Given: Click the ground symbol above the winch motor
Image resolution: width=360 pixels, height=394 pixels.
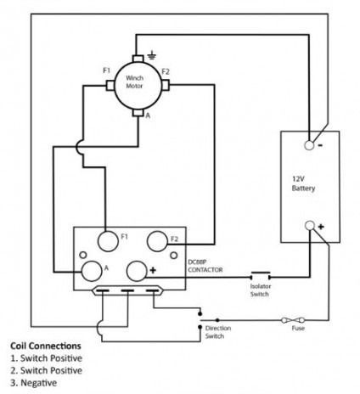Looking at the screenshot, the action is [152, 55].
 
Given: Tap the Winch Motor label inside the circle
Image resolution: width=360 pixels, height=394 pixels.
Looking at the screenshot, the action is [134, 82].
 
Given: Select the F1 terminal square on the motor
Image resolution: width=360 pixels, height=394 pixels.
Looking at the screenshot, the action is [110, 86].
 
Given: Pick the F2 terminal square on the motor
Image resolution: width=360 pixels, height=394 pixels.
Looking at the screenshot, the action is [166, 85].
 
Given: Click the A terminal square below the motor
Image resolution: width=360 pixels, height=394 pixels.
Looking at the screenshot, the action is [138, 112].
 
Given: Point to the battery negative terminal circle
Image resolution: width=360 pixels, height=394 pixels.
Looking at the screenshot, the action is [309, 145].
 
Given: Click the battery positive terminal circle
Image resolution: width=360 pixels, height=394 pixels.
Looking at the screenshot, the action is [310, 226].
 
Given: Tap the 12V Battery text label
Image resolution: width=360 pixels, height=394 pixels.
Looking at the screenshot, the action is [303, 183].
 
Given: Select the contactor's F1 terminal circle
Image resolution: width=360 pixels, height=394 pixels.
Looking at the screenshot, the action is [108, 241].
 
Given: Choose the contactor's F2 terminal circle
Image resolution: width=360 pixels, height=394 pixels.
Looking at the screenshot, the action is [157, 241].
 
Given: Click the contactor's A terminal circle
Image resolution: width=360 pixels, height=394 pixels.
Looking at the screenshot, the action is [92, 271].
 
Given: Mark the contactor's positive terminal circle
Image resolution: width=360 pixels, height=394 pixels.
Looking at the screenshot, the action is [137, 271].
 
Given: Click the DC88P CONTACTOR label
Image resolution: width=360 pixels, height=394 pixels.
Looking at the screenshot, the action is [205, 266].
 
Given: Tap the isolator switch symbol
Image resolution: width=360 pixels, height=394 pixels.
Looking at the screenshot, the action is [261, 275].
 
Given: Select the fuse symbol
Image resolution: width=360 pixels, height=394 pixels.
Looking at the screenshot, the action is [293, 320].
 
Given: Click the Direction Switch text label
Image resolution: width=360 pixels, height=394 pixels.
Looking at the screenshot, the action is [217, 332].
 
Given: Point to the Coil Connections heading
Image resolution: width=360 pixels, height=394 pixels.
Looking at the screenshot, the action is [46, 346].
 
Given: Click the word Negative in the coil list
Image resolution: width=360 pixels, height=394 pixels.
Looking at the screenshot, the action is [39, 383].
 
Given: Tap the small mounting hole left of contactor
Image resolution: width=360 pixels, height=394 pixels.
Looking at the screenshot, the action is [83, 255].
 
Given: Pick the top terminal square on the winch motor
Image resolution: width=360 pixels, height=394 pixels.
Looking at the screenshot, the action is [138, 59].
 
